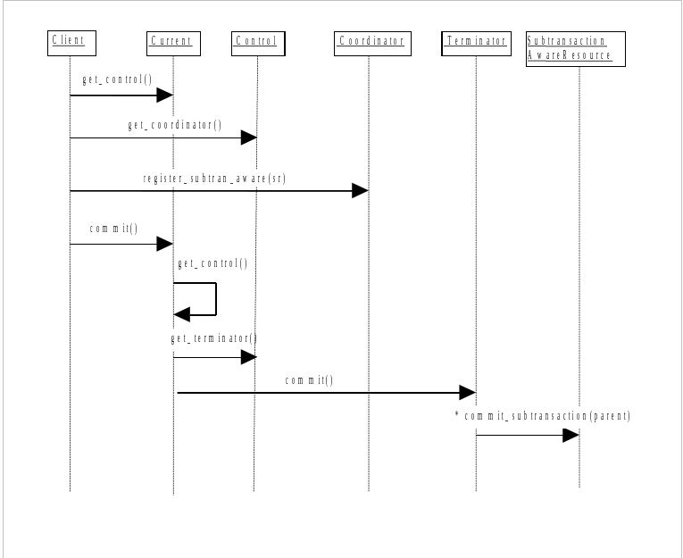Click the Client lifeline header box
(71, 42)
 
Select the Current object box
(173, 42)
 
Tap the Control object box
(257, 42)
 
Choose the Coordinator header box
(372, 43)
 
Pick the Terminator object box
(476, 42)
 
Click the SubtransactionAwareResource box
(574, 49)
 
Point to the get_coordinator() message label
(175, 126)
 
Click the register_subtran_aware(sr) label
(214, 179)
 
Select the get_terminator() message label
(214, 339)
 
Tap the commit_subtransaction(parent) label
(547, 417)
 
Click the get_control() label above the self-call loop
(212, 264)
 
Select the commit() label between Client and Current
(114, 229)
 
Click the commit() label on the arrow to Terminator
(309, 381)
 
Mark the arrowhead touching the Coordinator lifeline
(360, 190)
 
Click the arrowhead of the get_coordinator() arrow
(249, 137)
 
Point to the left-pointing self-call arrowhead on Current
(181, 314)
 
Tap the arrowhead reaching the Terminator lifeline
(467, 392)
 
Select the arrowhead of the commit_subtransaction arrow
(571, 436)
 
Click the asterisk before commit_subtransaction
(456, 415)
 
